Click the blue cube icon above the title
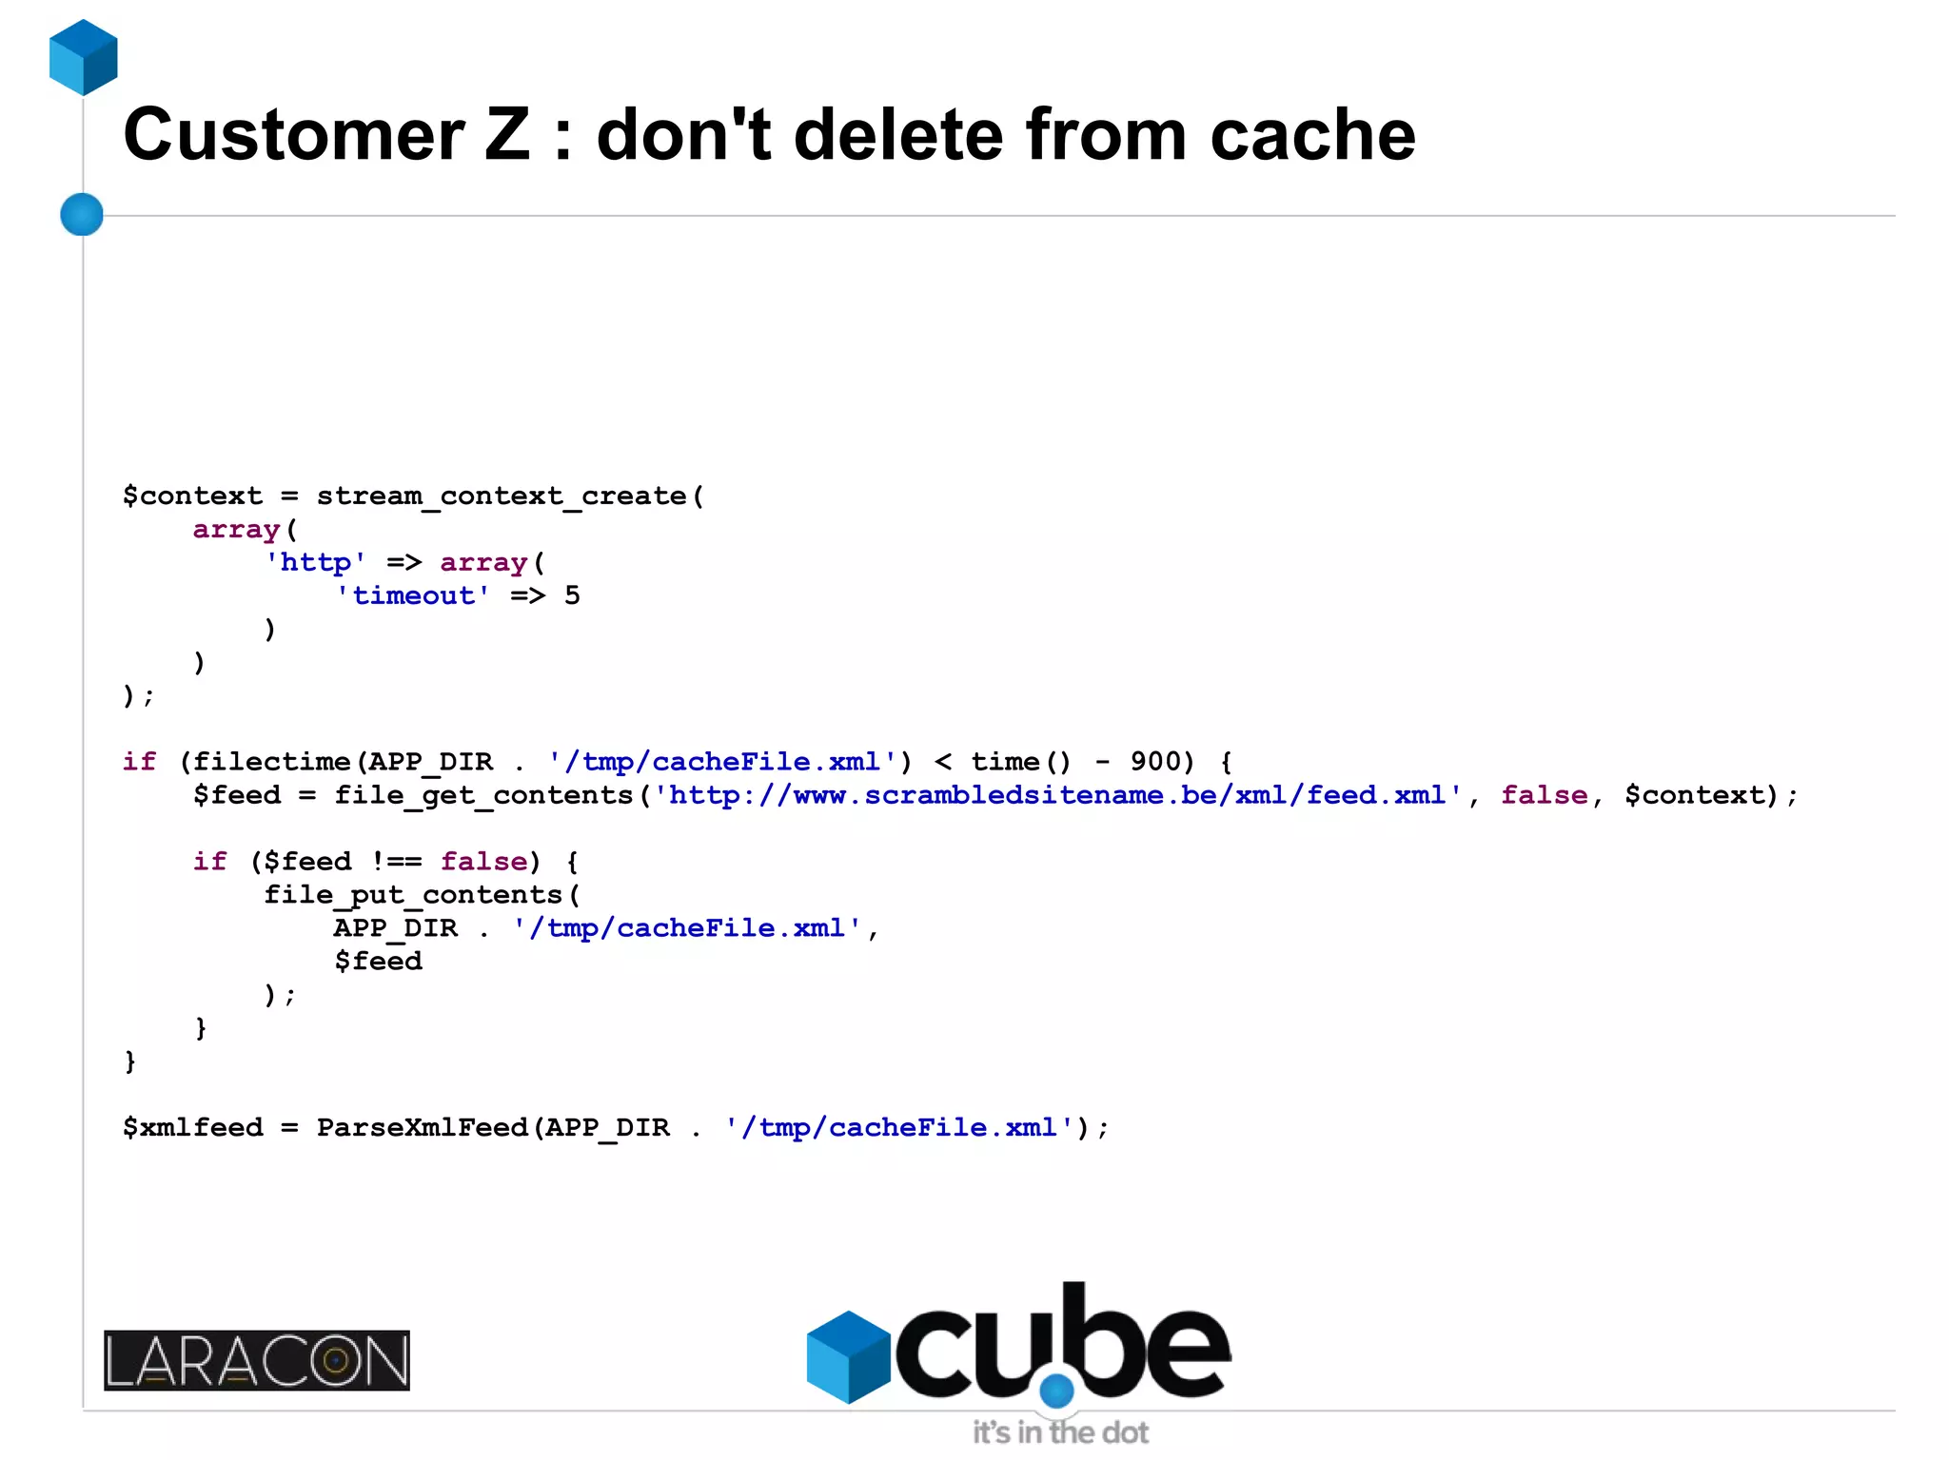point(84,57)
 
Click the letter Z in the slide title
point(506,135)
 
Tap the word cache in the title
point(1312,135)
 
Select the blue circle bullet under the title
point(82,214)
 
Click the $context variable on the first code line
point(192,496)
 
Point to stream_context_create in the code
point(501,496)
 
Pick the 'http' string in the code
point(315,562)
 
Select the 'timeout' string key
point(413,595)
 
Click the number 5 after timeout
point(572,595)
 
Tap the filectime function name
point(272,762)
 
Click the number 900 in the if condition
point(1155,762)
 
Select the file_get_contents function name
point(483,795)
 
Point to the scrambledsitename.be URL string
point(1056,795)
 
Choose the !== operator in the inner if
point(395,862)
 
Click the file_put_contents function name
point(413,895)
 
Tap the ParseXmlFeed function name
point(423,1128)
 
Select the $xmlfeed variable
point(192,1128)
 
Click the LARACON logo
point(257,1360)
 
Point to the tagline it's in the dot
point(1060,1432)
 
